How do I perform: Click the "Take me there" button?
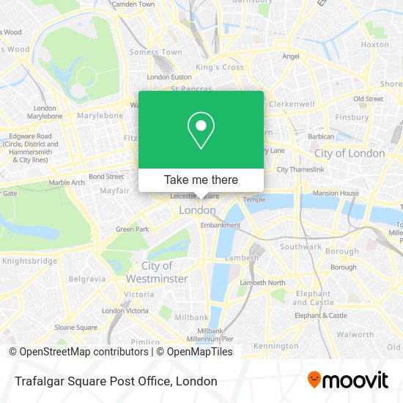(x=201, y=180)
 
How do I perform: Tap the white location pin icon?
(x=201, y=131)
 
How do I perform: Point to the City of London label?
(x=349, y=154)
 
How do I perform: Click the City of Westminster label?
(x=157, y=272)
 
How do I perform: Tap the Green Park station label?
(x=132, y=229)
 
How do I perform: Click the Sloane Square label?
(x=75, y=328)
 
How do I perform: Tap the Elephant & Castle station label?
(x=321, y=316)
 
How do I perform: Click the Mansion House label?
(x=336, y=193)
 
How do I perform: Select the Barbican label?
(x=321, y=136)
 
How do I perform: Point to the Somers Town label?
(x=155, y=53)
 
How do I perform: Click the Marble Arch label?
(x=67, y=182)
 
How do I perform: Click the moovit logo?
(x=347, y=380)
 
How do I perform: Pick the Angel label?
(x=291, y=56)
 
